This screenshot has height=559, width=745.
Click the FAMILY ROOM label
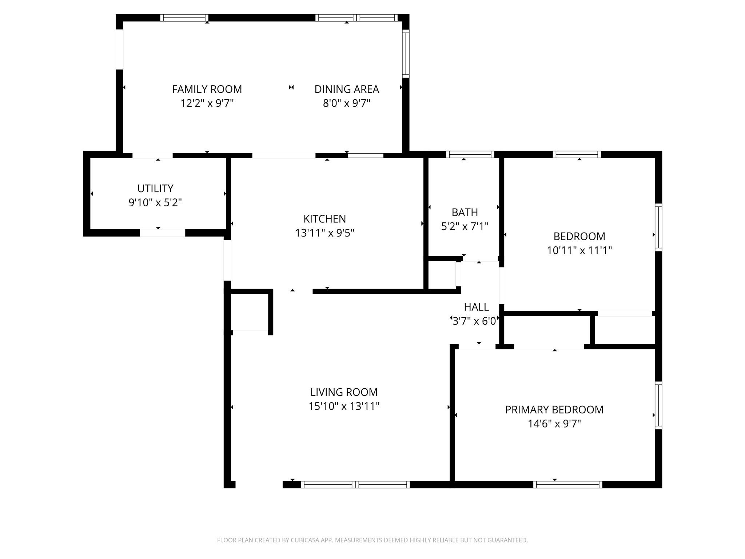(x=207, y=89)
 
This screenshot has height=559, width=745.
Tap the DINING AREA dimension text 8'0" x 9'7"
(x=346, y=103)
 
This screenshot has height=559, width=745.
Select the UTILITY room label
(x=155, y=189)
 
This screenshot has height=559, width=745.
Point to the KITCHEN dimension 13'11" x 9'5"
(x=324, y=233)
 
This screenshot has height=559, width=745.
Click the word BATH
(x=465, y=212)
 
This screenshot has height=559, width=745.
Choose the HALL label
(x=476, y=307)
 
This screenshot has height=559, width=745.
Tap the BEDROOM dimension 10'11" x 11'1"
(x=579, y=250)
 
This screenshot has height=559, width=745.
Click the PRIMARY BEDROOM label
(x=554, y=410)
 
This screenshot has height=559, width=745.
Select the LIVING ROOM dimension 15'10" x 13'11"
(x=344, y=406)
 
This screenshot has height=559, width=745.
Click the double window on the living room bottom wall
(x=355, y=484)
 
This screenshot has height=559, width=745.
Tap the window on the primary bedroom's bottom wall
(x=567, y=484)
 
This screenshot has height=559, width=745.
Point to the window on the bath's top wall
(x=470, y=154)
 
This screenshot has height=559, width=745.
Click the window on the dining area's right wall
(x=406, y=53)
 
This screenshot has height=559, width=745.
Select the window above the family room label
(x=184, y=18)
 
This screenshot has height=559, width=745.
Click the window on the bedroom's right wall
(x=658, y=227)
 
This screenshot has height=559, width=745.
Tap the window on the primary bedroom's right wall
(x=658, y=405)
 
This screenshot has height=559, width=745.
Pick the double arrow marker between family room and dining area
(x=291, y=87)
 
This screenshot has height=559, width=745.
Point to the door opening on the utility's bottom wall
(x=162, y=233)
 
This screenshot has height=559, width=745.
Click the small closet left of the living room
(x=250, y=312)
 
